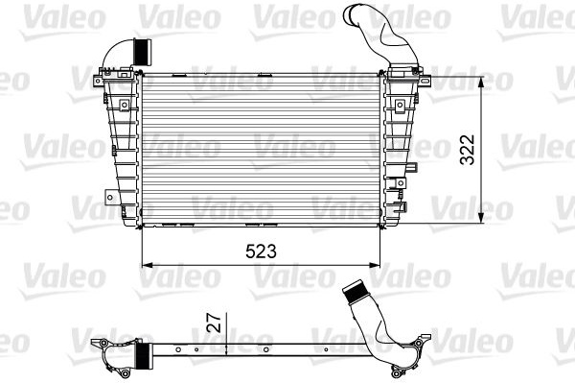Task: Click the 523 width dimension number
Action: [x=261, y=251]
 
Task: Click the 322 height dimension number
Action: [x=468, y=150]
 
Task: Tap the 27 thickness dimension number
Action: [x=216, y=323]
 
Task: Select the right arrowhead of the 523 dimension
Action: [x=375, y=265]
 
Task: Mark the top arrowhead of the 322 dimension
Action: [x=481, y=83]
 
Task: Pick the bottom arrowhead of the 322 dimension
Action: [x=481, y=217]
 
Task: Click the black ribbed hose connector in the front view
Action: [x=143, y=52]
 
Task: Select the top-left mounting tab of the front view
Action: [x=99, y=81]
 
